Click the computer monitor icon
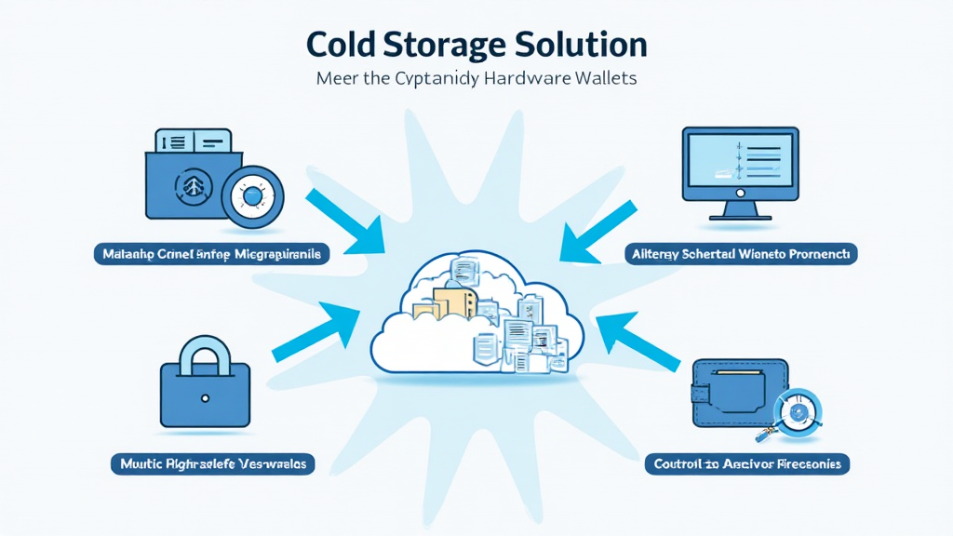coord(740,166)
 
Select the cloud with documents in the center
coord(476,317)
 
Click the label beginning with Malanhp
coord(211,253)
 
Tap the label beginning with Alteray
coord(741,253)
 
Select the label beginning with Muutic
coord(212,462)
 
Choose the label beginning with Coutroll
coord(748,462)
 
